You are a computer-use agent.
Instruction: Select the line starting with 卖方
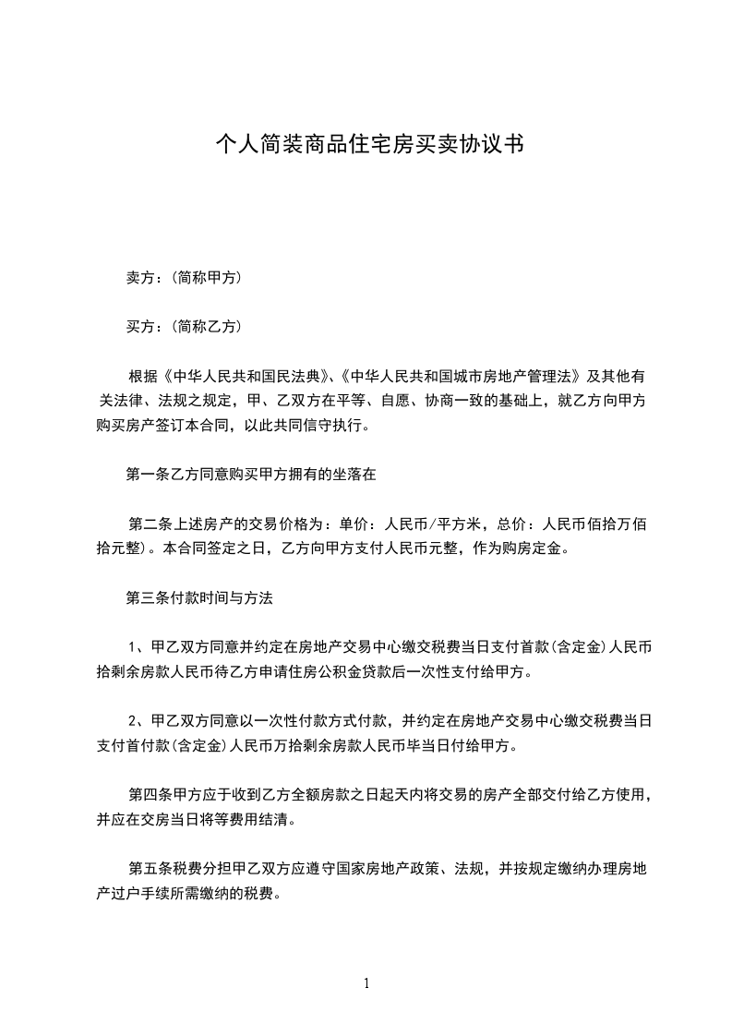pos(184,277)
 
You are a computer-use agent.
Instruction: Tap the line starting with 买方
pos(184,326)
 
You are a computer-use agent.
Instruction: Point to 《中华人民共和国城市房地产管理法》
pos(460,377)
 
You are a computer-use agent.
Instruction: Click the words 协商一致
pos(458,402)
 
